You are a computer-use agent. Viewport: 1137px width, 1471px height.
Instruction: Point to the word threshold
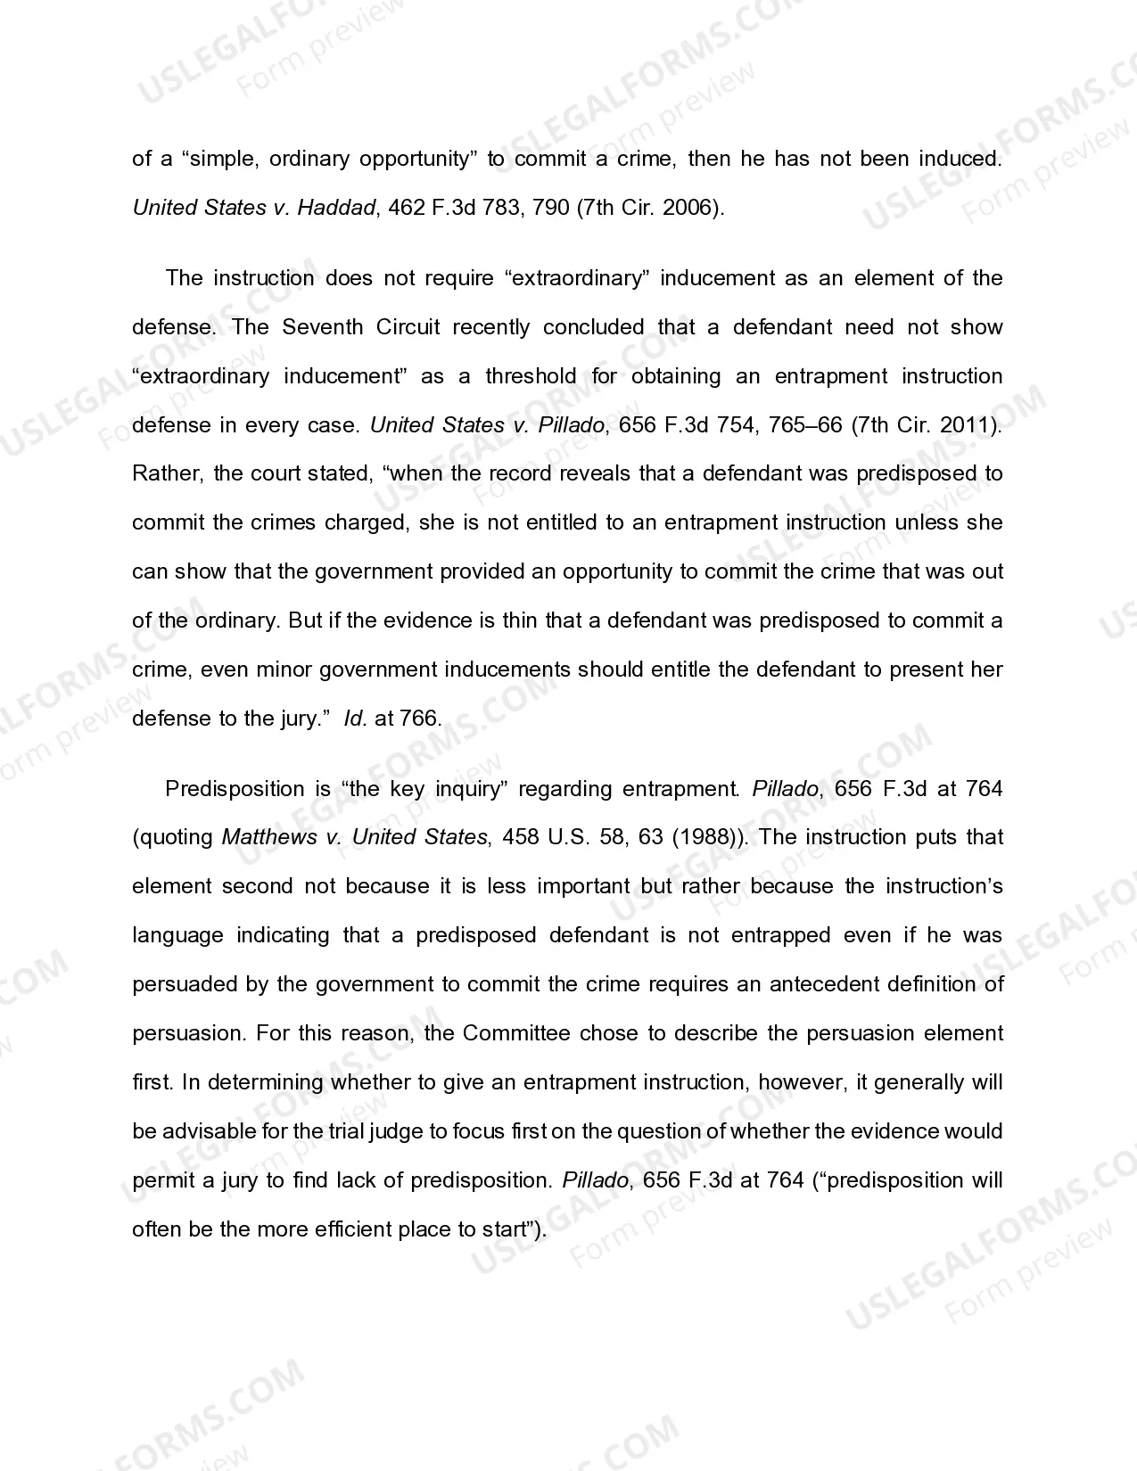(531, 376)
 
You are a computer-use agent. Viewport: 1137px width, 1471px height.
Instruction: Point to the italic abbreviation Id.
(356, 719)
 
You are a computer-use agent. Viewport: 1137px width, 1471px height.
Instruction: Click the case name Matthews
(269, 837)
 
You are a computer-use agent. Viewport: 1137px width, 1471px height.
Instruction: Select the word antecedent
(825, 984)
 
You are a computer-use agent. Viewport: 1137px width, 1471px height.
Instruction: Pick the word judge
(393, 1131)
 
